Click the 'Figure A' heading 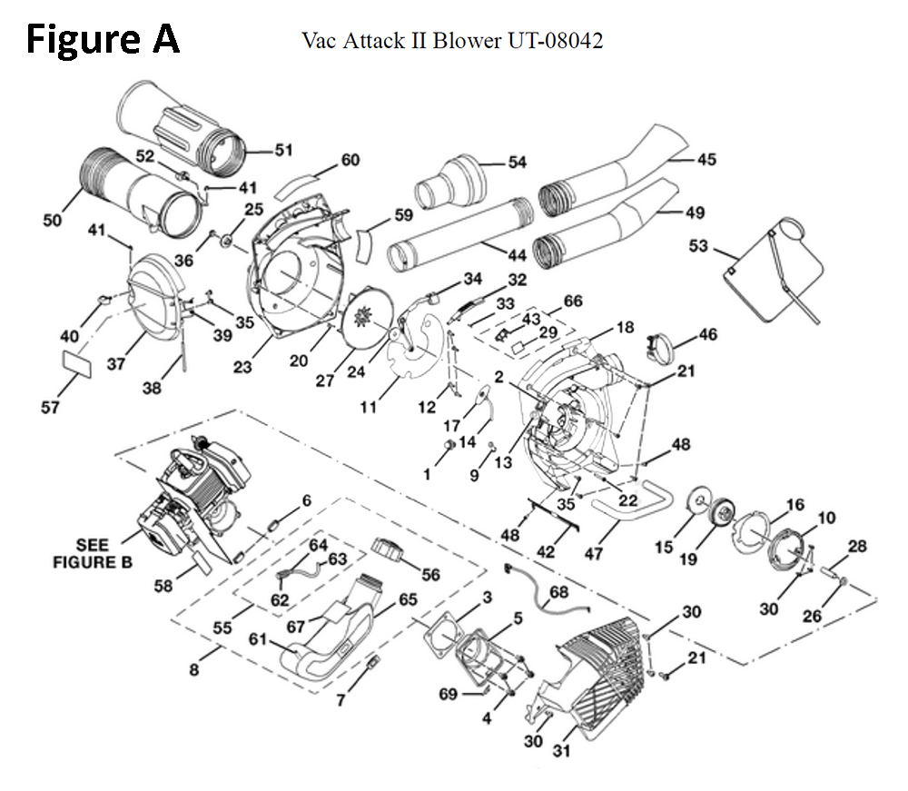[103, 40]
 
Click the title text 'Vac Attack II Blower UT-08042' [452, 41]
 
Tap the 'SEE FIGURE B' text [92, 554]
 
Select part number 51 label [283, 150]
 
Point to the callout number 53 [698, 246]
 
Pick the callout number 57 [50, 408]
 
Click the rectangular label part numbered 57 [76, 364]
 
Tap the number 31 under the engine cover [561, 751]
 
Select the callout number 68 [558, 592]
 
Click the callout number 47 [594, 554]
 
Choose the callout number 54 [518, 163]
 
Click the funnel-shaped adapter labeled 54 [450, 182]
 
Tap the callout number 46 [707, 334]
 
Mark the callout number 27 [324, 381]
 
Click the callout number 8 [194, 670]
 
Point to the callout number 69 [449, 694]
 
